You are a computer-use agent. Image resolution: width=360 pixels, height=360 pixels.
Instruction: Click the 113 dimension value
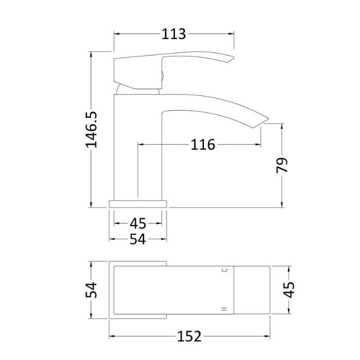(x=173, y=34)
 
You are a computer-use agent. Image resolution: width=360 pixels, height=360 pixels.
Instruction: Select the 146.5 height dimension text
(x=91, y=130)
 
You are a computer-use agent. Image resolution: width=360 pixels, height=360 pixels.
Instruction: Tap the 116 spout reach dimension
(x=203, y=145)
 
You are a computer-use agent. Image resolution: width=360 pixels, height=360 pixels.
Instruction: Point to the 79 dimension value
(x=282, y=165)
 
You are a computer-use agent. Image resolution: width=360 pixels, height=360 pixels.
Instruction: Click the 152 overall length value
(x=189, y=337)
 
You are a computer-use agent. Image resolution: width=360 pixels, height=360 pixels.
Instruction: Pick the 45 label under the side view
(x=138, y=223)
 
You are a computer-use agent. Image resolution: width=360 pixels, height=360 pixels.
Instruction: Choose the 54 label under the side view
(x=138, y=239)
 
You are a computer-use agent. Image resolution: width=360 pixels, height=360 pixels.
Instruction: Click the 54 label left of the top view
(x=91, y=290)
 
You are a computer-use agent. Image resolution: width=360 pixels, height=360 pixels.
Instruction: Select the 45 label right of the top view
(x=289, y=290)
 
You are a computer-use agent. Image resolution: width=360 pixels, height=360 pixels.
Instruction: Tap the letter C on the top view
(x=225, y=270)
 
